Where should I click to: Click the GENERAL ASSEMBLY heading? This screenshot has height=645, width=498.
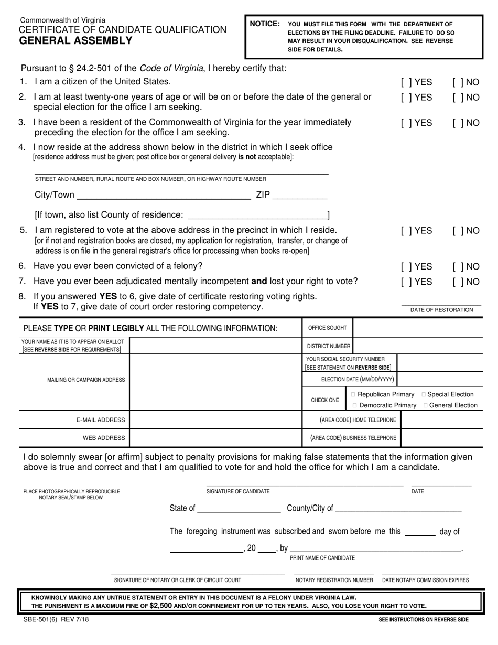pyautogui.click(x=76, y=40)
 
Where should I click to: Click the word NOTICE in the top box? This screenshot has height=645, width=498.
pyautogui.click(x=265, y=24)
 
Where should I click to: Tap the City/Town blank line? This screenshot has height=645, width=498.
pyautogui.click(x=164, y=196)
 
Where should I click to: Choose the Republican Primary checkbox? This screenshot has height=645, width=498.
pyautogui.click(x=353, y=394)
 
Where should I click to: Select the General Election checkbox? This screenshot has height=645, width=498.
pyautogui.click(x=426, y=405)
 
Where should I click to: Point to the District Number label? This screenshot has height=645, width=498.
pyautogui.click(x=328, y=346)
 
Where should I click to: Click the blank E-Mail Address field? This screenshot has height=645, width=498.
pyautogui.click(x=215, y=420)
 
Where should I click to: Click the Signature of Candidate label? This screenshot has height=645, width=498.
pyautogui.click(x=238, y=491)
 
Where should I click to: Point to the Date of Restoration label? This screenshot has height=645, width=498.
pyautogui.click(x=441, y=310)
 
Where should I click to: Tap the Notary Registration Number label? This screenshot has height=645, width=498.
pyautogui.click(x=334, y=580)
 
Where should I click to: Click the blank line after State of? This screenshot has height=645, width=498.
pyautogui.click(x=239, y=509)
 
